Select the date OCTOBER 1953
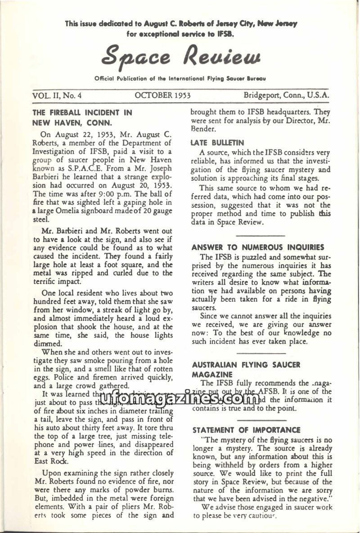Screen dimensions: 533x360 click(x=162, y=95)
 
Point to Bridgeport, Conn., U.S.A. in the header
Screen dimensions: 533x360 click(x=286, y=95)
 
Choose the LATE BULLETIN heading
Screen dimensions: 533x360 click(x=211, y=143)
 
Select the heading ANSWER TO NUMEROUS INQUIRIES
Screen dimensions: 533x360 click(x=258, y=247)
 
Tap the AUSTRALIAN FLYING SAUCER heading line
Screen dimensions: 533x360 click(x=246, y=365)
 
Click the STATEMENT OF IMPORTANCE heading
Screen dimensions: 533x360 click(x=246, y=430)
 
